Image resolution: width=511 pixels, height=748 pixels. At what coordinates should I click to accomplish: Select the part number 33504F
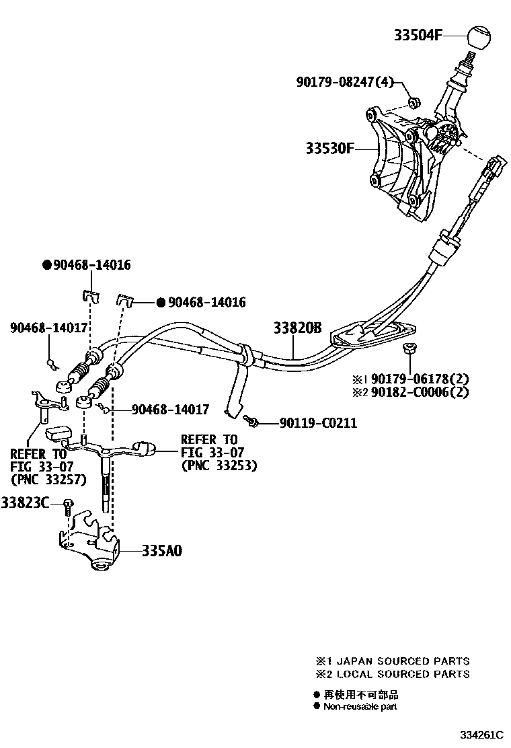pyautogui.click(x=418, y=36)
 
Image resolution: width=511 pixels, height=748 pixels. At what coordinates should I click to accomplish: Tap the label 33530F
pyautogui.click(x=329, y=149)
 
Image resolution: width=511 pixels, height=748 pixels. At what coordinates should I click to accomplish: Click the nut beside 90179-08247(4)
pyautogui.click(x=414, y=102)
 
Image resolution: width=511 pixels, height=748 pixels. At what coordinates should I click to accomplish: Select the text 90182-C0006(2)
pyautogui.click(x=411, y=392)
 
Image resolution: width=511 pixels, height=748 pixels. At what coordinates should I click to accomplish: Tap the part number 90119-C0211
pyautogui.click(x=318, y=423)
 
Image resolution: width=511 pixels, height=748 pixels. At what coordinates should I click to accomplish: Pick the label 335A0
pyautogui.click(x=161, y=551)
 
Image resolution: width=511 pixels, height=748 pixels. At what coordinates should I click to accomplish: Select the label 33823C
pyautogui.click(x=25, y=502)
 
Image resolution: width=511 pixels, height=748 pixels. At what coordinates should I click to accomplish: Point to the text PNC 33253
pyautogui.click(x=219, y=465)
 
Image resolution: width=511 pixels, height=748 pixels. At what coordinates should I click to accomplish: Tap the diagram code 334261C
pyautogui.click(x=481, y=735)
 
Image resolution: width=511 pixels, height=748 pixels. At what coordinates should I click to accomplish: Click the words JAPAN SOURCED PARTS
pyautogui.click(x=402, y=661)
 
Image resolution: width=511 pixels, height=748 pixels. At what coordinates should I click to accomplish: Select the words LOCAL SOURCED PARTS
pyautogui.click(x=402, y=673)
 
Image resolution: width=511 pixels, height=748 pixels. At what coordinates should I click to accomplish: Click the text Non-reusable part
pyautogui.click(x=360, y=706)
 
